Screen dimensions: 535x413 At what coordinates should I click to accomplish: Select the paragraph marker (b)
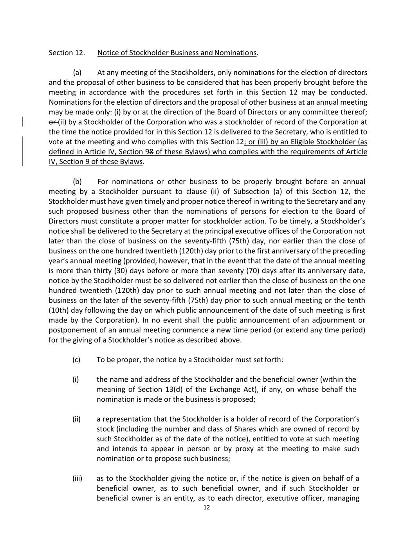[77, 181]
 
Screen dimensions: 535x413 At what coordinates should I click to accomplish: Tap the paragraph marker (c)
[76, 359]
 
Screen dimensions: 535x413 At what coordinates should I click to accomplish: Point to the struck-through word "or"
[52, 122]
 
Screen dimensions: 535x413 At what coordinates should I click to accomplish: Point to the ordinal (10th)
[58, 310]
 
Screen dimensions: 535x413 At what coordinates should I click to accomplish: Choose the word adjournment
[334, 320]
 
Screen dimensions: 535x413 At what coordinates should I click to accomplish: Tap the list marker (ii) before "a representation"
[76, 419]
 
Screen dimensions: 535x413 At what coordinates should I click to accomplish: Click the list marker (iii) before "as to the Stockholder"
[77, 478]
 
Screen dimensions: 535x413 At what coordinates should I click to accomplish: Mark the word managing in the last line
[343, 498]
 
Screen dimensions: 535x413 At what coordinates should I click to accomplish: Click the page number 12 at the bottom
[207, 508]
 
